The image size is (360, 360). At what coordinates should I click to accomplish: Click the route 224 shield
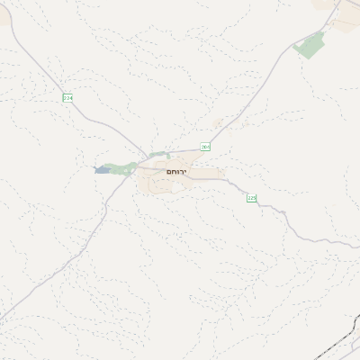click(67, 97)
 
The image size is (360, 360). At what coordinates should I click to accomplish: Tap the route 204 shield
click(205, 147)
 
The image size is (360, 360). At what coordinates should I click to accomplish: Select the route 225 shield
click(251, 197)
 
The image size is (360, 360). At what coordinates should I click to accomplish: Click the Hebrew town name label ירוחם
click(177, 170)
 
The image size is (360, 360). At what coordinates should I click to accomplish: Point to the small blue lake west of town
click(98, 168)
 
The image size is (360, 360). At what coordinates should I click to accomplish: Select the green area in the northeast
click(310, 45)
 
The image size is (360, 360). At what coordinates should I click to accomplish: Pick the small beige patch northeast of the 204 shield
click(216, 123)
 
